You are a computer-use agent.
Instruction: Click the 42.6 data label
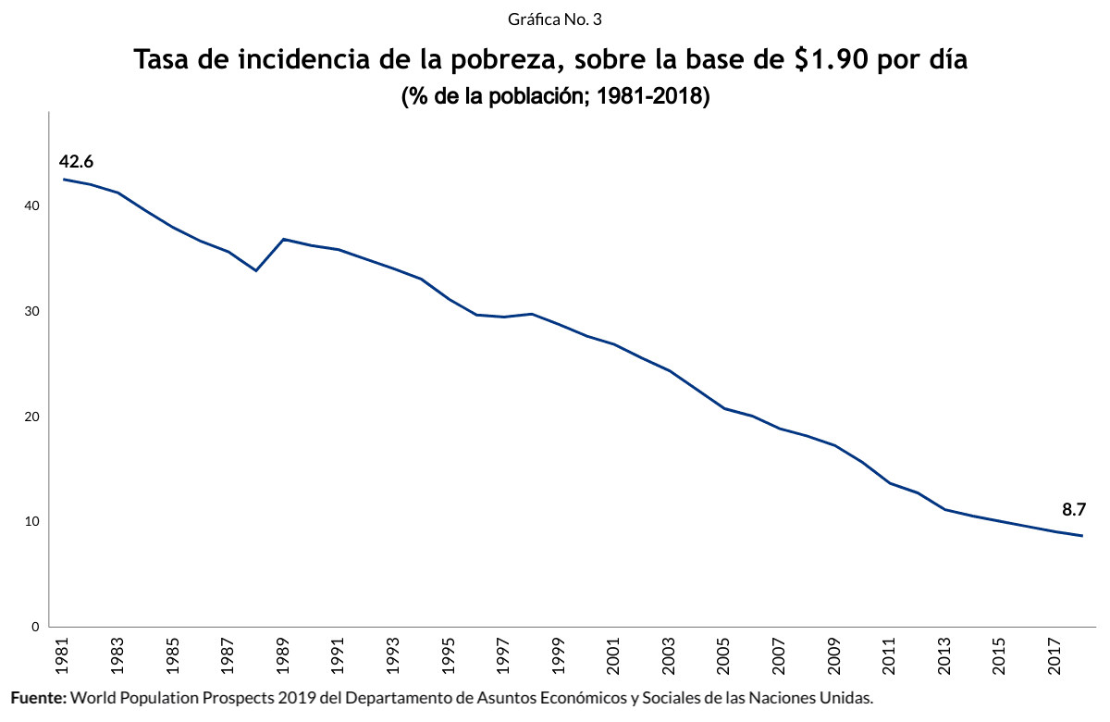pyautogui.click(x=77, y=162)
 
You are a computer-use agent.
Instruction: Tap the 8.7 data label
pyautogui.click(x=1073, y=509)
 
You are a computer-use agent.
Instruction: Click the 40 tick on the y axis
pyautogui.click(x=31, y=205)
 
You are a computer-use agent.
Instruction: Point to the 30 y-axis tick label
pyautogui.click(x=31, y=311)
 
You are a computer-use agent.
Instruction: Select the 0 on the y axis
pyautogui.click(x=35, y=627)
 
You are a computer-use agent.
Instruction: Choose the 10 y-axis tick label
pyautogui.click(x=31, y=521)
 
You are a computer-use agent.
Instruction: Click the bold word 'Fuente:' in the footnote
pyautogui.click(x=38, y=697)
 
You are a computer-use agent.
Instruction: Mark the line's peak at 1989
pyautogui.click(x=283, y=239)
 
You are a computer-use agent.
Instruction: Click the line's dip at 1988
pyautogui.click(x=255, y=270)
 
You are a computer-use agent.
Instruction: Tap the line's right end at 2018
pyautogui.click(x=1082, y=536)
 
